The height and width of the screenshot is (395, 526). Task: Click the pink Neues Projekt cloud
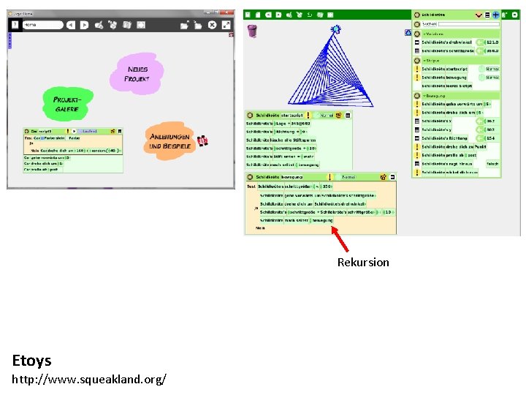pyautogui.click(x=137, y=75)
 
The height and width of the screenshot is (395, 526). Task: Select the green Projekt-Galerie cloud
pyautogui.click(x=67, y=105)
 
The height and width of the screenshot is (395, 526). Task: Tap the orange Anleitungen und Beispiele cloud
pyautogui.click(x=169, y=140)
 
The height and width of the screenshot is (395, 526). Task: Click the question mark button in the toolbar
pyautogui.click(x=14, y=24)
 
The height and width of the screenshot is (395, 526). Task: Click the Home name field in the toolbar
pyautogui.click(x=42, y=24)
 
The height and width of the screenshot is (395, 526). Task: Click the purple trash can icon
pyautogui.click(x=252, y=31)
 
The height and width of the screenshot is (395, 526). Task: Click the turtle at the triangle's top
pyautogui.click(x=335, y=30)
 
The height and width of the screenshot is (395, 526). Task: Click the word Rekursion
pyautogui.click(x=363, y=262)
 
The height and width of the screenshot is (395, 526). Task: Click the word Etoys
pyautogui.click(x=32, y=360)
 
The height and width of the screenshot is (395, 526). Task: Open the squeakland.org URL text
pyautogui.click(x=89, y=378)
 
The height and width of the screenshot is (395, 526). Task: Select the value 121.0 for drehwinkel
pyautogui.click(x=492, y=42)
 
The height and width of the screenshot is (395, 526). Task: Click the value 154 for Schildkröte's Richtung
pyautogui.click(x=491, y=138)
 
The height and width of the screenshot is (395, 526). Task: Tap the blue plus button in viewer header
pyautogui.click(x=495, y=15)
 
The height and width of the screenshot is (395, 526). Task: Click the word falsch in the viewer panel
pyautogui.click(x=492, y=164)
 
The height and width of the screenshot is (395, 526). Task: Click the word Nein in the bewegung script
pyautogui.click(x=260, y=227)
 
